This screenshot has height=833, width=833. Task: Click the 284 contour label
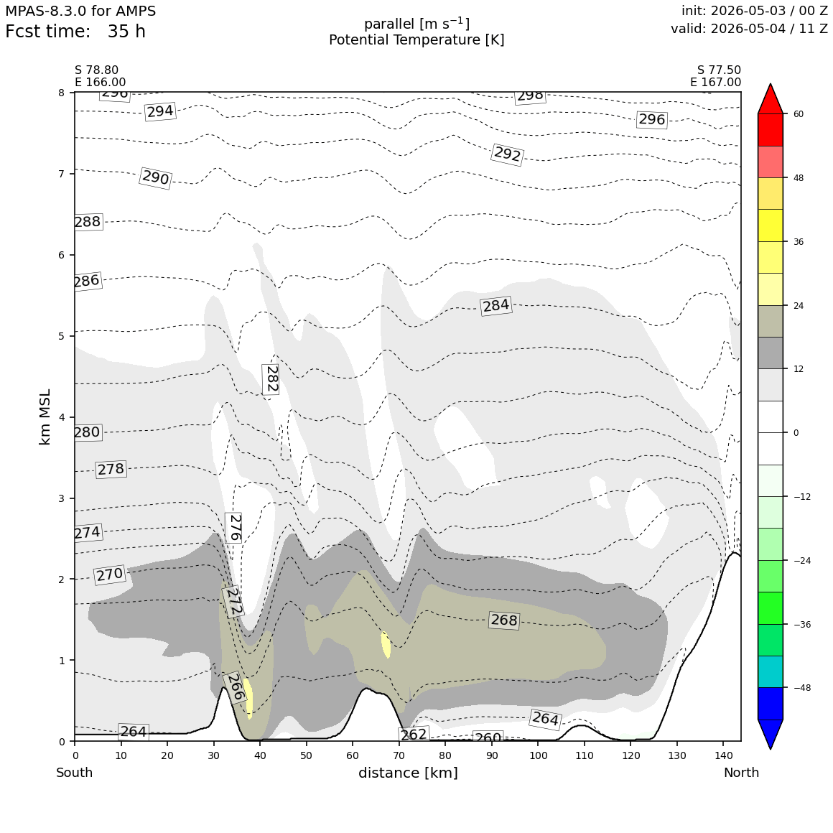click(496, 305)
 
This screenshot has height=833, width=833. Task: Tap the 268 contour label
click(503, 620)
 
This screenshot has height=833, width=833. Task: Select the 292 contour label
click(508, 154)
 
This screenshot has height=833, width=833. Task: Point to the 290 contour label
click(156, 177)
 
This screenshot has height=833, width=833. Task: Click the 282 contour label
click(271, 378)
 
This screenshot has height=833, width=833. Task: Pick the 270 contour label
click(110, 574)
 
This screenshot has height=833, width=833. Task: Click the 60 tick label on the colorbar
click(799, 113)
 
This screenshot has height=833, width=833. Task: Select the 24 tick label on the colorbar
click(799, 305)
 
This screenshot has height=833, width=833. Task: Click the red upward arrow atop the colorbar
click(771, 99)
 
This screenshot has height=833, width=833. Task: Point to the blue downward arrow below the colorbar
click(771, 734)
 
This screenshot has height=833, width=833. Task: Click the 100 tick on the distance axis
click(538, 755)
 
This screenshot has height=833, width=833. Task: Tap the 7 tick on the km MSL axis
click(62, 174)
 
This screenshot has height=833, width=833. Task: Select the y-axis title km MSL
click(45, 417)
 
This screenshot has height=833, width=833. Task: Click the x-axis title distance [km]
click(408, 773)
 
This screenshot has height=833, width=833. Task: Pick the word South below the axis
click(75, 773)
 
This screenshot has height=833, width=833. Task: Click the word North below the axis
click(741, 773)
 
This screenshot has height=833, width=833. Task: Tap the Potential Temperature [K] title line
click(416, 39)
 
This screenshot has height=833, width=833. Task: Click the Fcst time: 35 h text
click(75, 32)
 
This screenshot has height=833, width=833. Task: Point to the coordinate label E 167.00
click(716, 83)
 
